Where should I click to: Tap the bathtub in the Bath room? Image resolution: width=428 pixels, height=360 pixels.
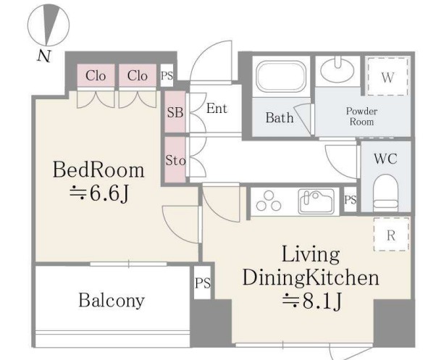point(281,77)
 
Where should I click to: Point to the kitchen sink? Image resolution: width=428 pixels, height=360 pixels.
point(316,201)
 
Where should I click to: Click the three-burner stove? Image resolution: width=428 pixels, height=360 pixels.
point(269,201)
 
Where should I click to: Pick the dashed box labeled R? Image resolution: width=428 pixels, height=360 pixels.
point(391,234)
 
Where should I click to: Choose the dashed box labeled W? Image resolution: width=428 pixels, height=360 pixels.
point(387,77)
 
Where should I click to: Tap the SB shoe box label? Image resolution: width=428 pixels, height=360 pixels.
point(175,112)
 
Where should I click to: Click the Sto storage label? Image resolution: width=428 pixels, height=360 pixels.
point(175,160)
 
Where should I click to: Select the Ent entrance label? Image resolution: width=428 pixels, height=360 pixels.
point(217,109)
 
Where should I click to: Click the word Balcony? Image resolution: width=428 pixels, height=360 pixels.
point(112,301)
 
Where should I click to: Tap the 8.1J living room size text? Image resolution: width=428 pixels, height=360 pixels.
point(312,301)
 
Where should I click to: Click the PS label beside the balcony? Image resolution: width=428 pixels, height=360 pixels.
point(203,282)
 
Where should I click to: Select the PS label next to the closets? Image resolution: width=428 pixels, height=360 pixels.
point(167,75)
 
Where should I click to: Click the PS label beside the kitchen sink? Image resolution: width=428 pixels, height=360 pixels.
point(351,200)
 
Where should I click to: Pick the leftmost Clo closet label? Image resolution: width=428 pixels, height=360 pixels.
point(96,75)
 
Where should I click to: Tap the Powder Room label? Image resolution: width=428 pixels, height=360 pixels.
point(361,117)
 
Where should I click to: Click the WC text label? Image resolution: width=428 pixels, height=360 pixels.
point(385,159)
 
